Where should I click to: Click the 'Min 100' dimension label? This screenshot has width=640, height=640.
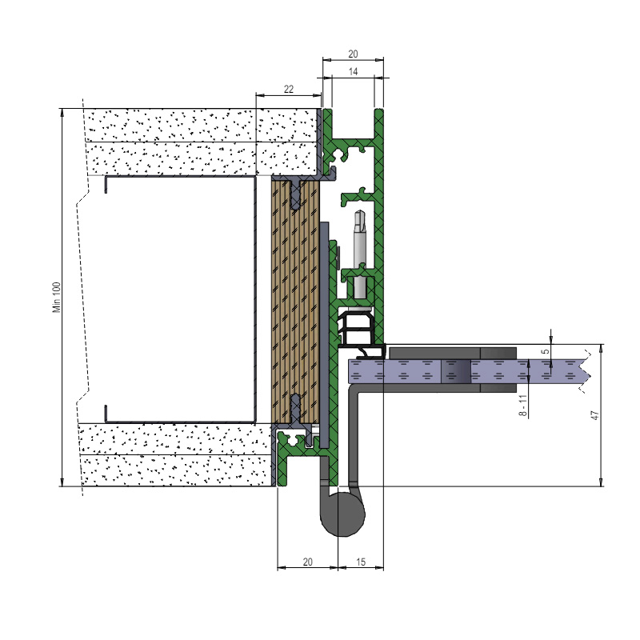[x=57, y=297]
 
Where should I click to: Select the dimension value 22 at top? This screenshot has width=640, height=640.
[x=289, y=89]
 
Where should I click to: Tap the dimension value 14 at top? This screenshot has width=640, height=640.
[x=353, y=71]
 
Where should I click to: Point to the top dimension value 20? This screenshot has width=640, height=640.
[x=353, y=54]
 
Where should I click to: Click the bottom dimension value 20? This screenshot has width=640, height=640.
[x=308, y=562]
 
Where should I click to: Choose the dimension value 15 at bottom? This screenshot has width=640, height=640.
[x=361, y=562]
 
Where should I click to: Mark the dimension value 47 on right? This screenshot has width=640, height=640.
[x=595, y=415]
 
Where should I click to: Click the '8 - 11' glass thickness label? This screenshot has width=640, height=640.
[x=524, y=406]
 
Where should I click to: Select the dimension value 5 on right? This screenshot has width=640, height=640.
[x=546, y=351]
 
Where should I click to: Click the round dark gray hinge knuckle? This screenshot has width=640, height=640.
[x=343, y=514]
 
